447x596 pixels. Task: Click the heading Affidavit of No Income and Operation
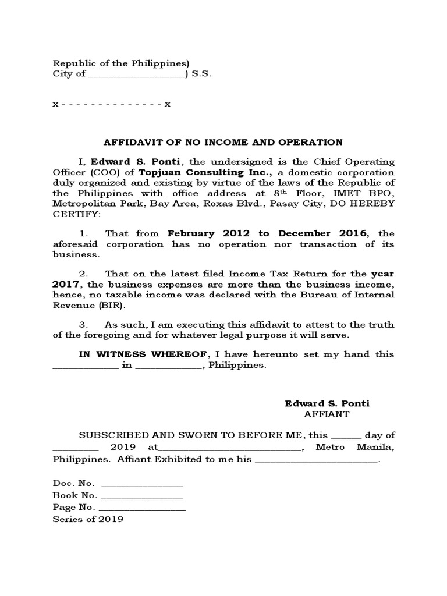coord(223,141)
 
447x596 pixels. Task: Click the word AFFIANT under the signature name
coord(327,414)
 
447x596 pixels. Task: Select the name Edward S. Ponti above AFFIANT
coord(327,403)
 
